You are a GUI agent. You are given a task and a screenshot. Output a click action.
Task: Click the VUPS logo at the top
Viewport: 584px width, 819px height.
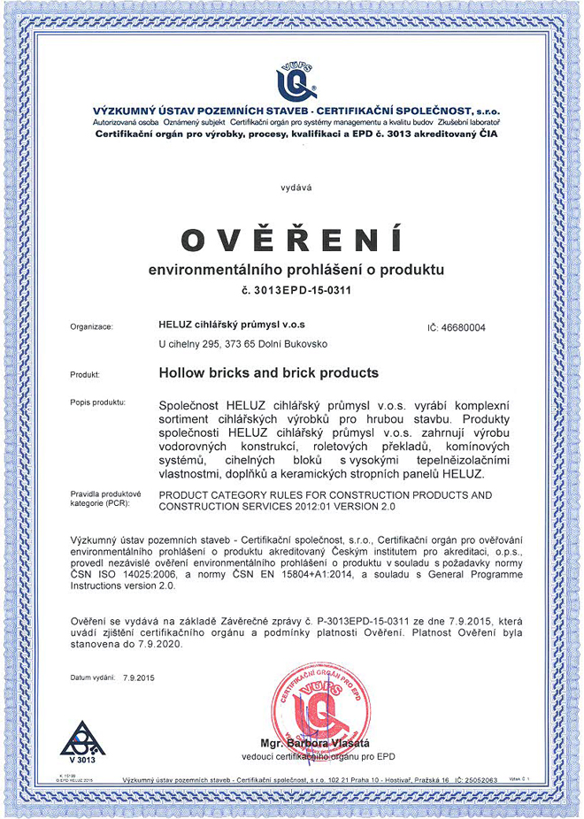pos(291,81)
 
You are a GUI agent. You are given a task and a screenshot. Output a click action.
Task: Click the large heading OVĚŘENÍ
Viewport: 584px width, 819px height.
pos(291,240)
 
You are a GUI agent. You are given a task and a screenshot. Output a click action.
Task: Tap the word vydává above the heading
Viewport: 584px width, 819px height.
pos(291,188)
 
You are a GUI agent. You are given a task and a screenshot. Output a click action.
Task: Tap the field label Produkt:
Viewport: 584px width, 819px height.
pos(85,375)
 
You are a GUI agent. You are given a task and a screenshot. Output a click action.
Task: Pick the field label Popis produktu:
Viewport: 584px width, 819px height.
pos(97,403)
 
